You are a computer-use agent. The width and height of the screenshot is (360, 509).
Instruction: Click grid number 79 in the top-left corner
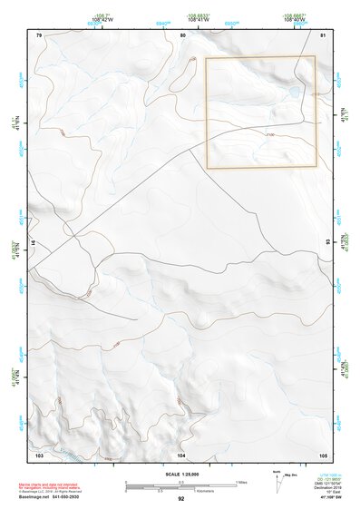[39, 35]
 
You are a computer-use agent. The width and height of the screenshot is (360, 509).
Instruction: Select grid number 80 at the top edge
[182, 35]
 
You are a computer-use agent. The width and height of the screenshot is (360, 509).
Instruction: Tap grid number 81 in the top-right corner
[324, 35]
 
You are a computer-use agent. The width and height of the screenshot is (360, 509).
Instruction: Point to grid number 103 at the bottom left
[39, 454]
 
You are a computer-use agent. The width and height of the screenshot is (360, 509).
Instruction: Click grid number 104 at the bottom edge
[181, 454]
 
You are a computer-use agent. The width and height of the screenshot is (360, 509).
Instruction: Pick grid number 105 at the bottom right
[322, 454]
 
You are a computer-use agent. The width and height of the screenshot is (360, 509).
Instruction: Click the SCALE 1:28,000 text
[180, 475]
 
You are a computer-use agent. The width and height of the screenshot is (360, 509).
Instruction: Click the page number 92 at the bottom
[180, 499]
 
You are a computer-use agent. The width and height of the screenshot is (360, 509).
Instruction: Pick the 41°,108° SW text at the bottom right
[331, 497]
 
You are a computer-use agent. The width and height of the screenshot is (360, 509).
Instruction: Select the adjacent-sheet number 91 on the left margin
[32, 242]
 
